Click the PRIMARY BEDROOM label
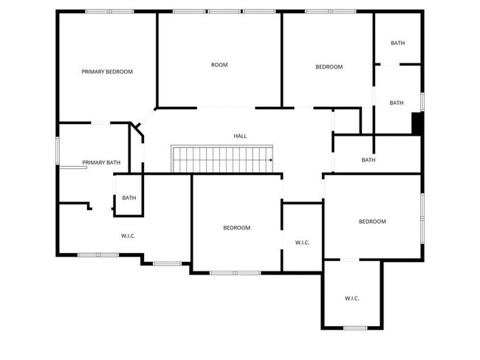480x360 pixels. [x=107, y=72]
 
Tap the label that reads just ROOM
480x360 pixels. [x=219, y=65]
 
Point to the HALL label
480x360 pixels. [x=240, y=136]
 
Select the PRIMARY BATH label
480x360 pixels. [x=101, y=162]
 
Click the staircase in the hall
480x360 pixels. [x=222, y=159]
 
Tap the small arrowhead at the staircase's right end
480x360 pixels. [x=271, y=159]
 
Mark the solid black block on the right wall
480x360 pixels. [x=416, y=123]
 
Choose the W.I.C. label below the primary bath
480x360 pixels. [x=128, y=236]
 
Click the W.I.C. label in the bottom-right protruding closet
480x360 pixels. [x=352, y=298]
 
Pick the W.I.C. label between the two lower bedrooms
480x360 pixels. [x=302, y=242]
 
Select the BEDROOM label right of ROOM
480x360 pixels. [x=329, y=67]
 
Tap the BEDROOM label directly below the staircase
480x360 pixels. [x=236, y=228]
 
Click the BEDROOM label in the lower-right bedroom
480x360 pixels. [x=372, y=221]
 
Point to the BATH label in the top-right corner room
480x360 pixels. [x=397, y=44]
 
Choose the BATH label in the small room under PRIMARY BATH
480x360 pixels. [x=129, y=198]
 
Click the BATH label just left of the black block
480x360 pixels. [x=397, y=103]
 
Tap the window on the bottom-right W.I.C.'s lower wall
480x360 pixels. [x=355, y=328]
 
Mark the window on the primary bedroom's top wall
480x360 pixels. [x=109, y=11]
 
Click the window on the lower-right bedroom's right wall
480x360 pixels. [x=422, y=217]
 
